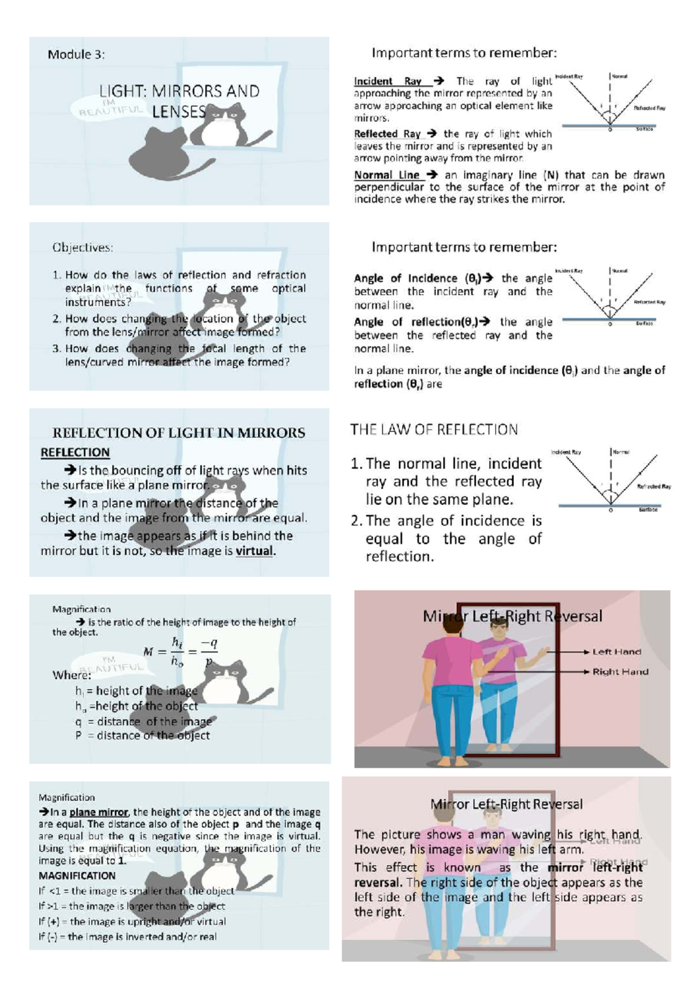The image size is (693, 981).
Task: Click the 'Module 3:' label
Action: click(x=76, y=55)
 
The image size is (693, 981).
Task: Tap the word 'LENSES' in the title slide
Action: click(x=178, y=112)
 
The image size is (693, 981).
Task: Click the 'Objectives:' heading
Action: click(x=83, y=247)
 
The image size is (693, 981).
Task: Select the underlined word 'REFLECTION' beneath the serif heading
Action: click(x=75, y=452)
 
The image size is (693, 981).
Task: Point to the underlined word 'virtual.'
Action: click(x=255, y=551)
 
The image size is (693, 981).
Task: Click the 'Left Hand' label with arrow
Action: click(x=616, y=652)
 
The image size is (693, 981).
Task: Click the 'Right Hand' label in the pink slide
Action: click(x=620, y=672)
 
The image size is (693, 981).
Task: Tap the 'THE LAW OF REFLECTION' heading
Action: click(x=434, y=430)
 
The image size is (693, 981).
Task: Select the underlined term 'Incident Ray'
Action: click(x=388, y=81)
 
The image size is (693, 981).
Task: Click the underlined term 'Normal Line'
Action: click(x=387, y=175)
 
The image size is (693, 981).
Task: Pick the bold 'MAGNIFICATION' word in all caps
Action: click(x=77, y=876)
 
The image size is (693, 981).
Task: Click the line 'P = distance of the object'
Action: click(x=142, y=735)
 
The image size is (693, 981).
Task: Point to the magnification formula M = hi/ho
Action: click(x=180, y=652)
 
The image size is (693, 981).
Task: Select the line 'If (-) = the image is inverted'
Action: click(x=127, y=937)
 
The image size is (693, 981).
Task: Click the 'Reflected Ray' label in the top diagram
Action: click(x=649, y=108)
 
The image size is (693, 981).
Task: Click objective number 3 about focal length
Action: click(x=179, y=355)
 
